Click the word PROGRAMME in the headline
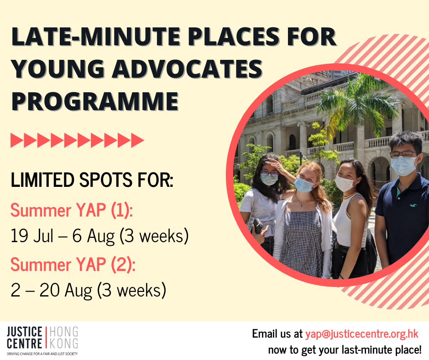(94, 101)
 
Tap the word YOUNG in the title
(58, 69)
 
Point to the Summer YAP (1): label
(72, 211)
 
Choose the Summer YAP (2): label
(73, 265)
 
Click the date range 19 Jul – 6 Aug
(63, 236)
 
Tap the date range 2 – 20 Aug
(52, 290)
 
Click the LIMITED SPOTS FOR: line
(92, 180)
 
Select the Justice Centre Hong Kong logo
(42, 340)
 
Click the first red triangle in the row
(17, 140)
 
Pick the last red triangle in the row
(138, 140)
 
